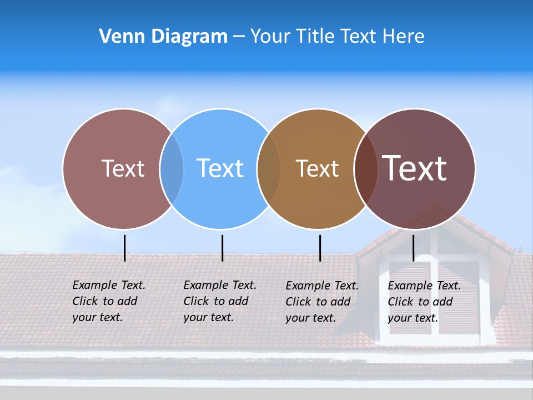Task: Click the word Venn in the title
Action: pos(119,37)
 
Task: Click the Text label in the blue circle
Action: pos(220,168)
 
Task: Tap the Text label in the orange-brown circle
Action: pos(317,168)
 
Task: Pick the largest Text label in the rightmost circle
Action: pos(415,168)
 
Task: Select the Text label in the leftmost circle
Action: pos(123,168)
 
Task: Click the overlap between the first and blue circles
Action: pos(172,168)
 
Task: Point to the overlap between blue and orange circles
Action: pos(269,168)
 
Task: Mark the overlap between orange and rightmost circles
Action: pos(366,168)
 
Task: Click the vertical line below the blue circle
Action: pos(222,248)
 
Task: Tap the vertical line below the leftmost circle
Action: pos(124,248)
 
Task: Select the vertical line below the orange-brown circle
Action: pos(320,248)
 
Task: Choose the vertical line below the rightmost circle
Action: pos(413,248)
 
